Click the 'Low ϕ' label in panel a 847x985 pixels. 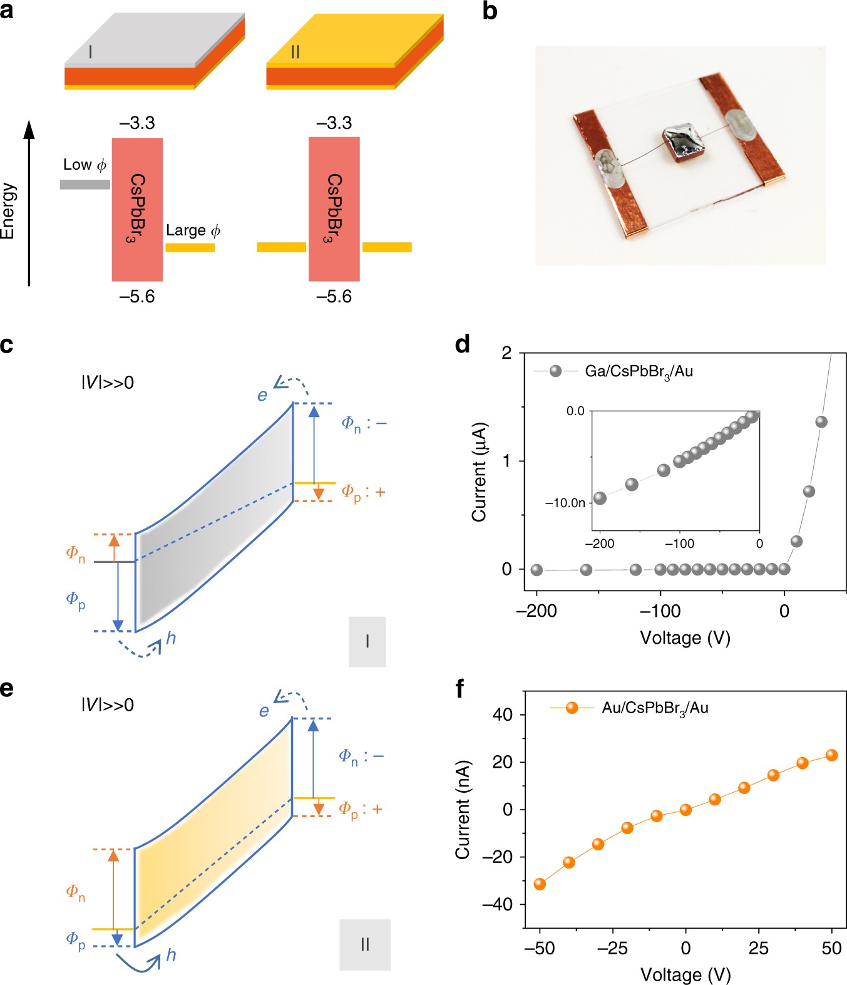(85, 165)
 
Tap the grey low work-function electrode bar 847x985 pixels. (85, 184)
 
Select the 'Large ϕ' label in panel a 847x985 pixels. (193, 230)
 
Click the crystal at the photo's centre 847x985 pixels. (684, 145)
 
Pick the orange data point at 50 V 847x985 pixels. (831, 755)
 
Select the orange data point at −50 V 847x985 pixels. (540, 884)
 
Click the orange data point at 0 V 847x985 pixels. (685, 810)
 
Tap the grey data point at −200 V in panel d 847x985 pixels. (536, 570)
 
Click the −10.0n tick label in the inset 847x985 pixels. (565, 503)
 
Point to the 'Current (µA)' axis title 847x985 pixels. (479, 472)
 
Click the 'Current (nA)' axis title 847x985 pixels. (462, 809)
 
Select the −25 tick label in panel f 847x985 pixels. (612, 948)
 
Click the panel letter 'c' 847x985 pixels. (7, 345)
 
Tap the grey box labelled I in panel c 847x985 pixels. (367, 641)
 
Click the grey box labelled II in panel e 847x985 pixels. (365, 944)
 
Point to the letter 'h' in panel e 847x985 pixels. (171, 954)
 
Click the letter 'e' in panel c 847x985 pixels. (262, 395)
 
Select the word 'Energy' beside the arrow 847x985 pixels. (8, 211)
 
